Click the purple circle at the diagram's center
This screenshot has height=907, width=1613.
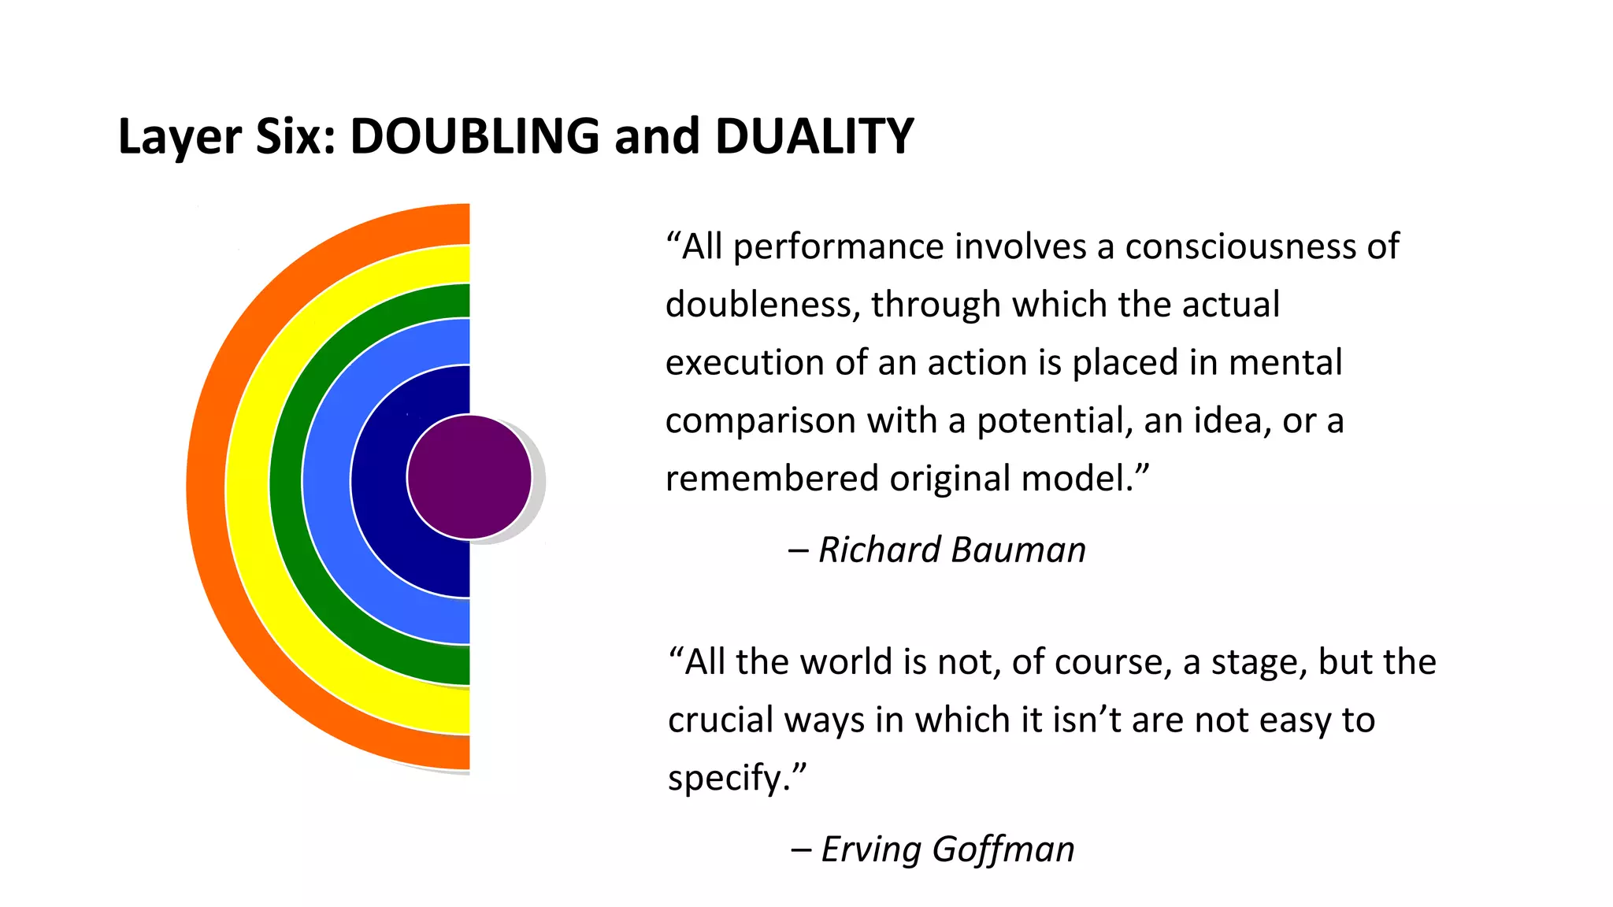[469, 477]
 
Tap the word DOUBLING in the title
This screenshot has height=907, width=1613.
[475, 136]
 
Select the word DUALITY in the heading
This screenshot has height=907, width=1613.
[814, 136]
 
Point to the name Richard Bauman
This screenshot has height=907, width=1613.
[952, 550]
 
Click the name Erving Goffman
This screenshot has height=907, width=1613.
[947, 850]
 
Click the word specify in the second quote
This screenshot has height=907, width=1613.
[725, 779]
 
